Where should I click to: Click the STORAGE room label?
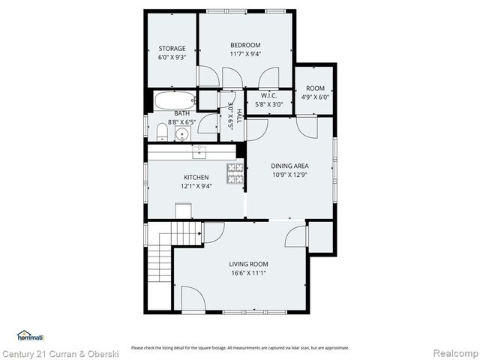tap(171, 49)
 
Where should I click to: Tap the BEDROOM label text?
tap(244, 45)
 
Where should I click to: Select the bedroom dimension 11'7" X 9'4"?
tap(244, 54)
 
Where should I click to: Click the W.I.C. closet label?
tap(269, 96)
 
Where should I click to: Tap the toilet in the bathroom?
tap(162, 133)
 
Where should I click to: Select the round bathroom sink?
tap(181, 134)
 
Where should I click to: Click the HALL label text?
tap(239, 115)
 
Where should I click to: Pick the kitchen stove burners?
tap(235, 173)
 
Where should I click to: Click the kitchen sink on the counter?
tap(199, 152)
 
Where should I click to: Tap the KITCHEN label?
tap(196, 178)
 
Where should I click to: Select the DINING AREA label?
tap(290, 166)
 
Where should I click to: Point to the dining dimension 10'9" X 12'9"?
tap(290, 175)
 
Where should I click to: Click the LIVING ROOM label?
tap(248, 264)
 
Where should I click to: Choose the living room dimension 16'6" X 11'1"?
tap(248, 274)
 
